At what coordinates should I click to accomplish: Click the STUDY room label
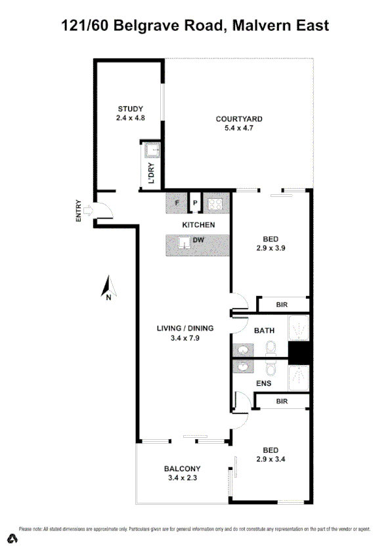(x=130, y=108)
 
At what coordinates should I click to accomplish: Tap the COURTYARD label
(x=239, y=119)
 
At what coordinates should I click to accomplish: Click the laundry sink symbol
(x=153, y=152)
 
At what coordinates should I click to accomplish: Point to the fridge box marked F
(x=177, y=203)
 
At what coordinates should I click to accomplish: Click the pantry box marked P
(x=195, y=203)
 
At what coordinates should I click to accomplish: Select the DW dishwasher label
(x=198, y=240)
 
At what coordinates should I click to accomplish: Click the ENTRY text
(x=79, y=210)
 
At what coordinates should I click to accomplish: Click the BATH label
(x=264, y=330)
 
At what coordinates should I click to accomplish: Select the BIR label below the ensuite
(x=282, y=400)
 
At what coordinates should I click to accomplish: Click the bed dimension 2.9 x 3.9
(x=271, y=248)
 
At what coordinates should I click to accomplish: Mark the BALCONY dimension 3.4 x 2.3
(x=182, y=478)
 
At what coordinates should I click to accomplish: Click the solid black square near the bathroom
(x=299, y=355)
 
